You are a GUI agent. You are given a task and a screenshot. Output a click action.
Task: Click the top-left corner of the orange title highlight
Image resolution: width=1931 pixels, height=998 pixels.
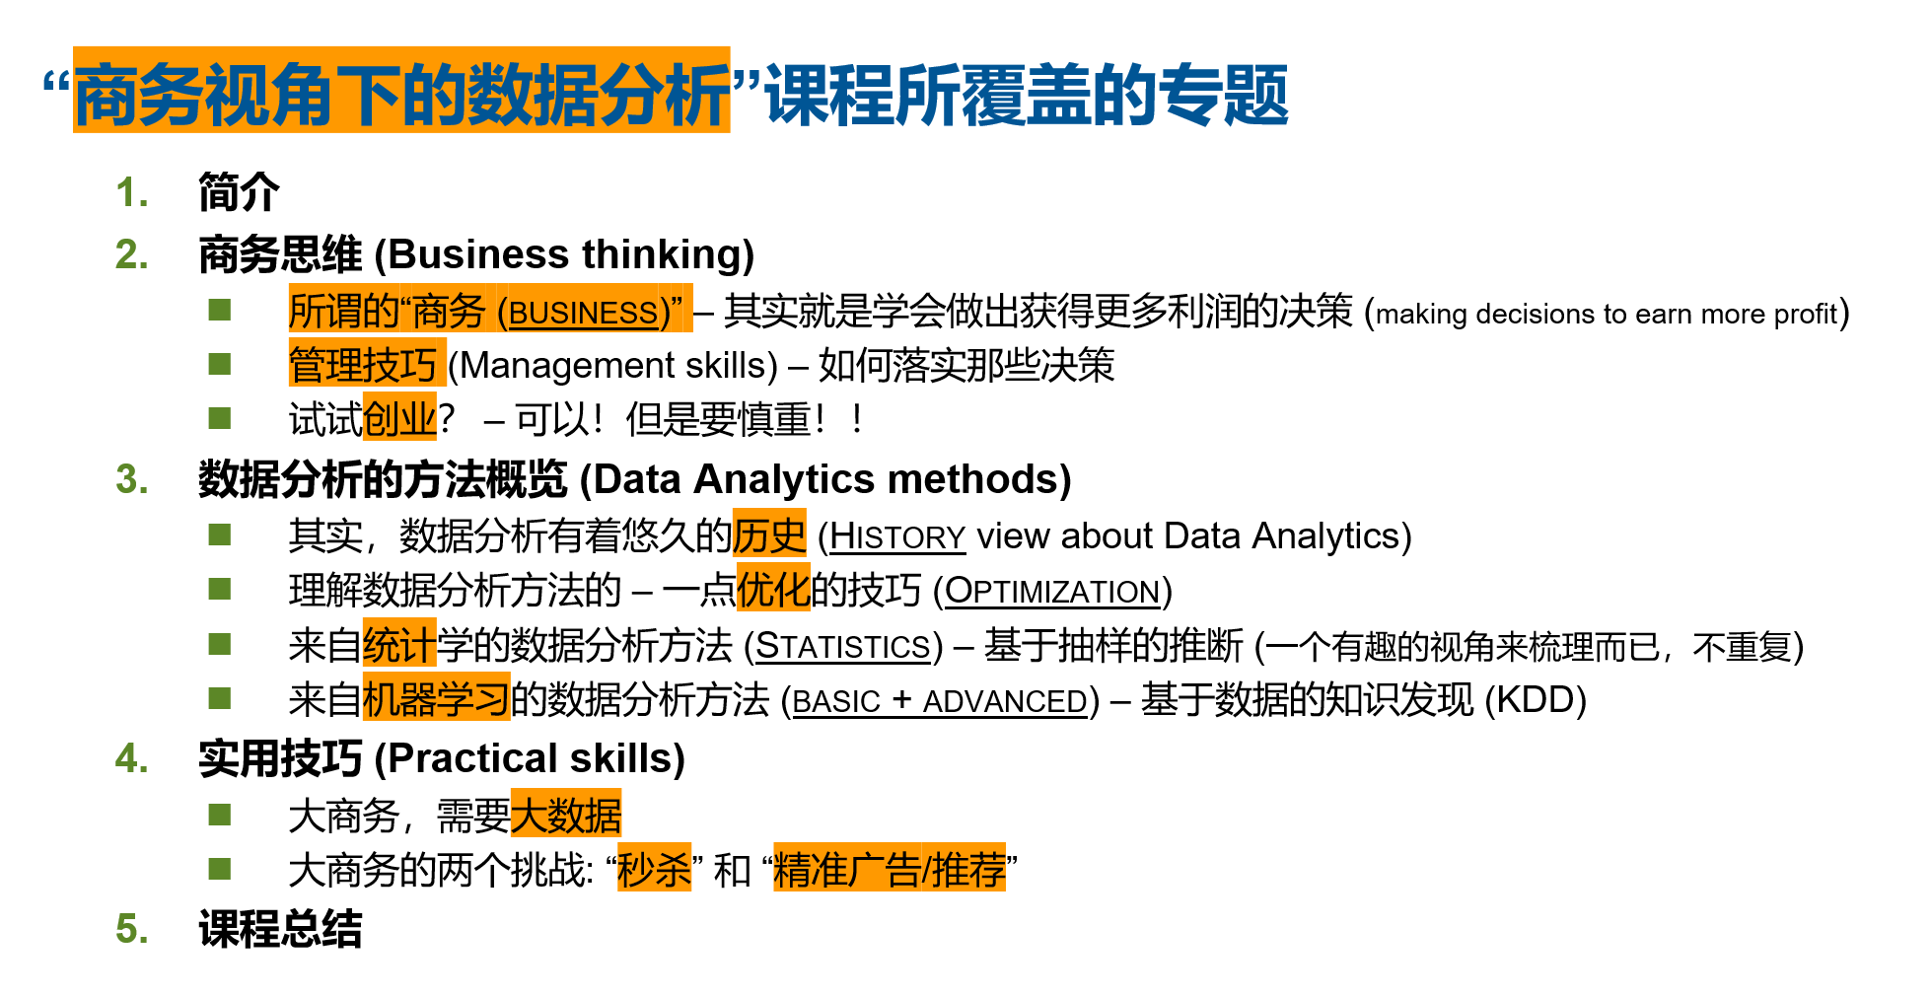[73, 46]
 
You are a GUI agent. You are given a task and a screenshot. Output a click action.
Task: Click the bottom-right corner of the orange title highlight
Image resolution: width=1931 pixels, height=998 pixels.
[731, 132]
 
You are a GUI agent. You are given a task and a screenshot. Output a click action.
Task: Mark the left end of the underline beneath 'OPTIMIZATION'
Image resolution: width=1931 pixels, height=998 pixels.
[945, 606]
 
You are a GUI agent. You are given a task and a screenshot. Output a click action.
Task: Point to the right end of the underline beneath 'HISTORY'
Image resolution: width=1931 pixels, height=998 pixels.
[965, 552]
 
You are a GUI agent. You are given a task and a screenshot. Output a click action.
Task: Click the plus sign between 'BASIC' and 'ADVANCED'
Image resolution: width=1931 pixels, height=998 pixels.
[901, 700]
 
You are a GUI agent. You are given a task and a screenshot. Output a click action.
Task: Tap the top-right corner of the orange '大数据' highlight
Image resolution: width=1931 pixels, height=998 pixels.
[622, 789]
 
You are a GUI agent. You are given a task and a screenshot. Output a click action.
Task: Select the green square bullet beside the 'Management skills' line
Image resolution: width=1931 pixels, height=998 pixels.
[220, 365]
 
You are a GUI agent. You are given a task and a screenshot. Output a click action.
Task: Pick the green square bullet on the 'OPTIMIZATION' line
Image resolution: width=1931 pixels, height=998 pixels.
[220, 590]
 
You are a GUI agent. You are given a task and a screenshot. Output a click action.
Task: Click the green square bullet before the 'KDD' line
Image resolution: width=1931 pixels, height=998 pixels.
[220, 699]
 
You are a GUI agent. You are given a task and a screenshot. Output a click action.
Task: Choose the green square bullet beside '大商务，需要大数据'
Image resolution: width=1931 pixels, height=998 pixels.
[220, 815]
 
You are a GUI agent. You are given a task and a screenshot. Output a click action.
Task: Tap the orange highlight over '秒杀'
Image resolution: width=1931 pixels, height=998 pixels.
[654, 868]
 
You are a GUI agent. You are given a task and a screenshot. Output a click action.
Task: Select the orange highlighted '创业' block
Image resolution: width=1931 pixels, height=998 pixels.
[399, 416]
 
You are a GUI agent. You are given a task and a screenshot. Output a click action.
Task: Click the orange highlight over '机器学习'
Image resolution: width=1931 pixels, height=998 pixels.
[436, 697]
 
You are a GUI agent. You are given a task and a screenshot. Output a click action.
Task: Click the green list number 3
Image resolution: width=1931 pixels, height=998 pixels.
[132, 479]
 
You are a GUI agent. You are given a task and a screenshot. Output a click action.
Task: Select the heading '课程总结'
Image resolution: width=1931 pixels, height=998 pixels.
[280, 929]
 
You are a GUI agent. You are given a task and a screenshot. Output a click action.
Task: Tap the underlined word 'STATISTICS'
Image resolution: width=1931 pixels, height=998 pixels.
[843, 646]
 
